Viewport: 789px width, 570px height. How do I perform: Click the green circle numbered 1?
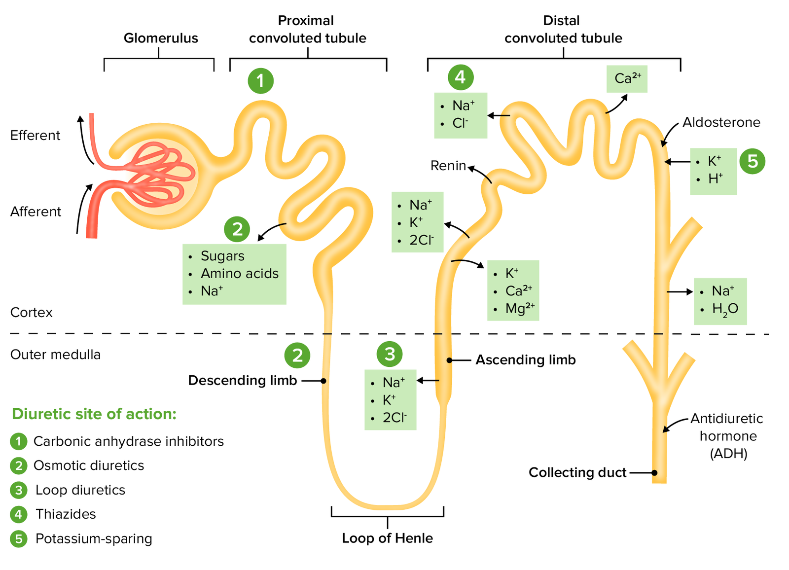pyautogui.click(x=260, y=81)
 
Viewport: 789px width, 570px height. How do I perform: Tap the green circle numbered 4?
pyautogui.click(x=461, y=77)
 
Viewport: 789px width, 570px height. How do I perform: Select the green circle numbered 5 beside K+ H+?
pyautogui.click(x=752, y=161)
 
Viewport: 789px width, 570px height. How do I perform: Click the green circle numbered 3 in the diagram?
pyautogui.click(x=390, y=354)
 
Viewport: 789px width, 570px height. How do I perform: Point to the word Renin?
pyautogui.click(x=448, y=166)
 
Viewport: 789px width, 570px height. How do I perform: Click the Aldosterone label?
pyautogui.click(x=721, y=122)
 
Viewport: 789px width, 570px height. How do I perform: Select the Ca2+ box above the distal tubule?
pyautogui.click(x=627, y=79)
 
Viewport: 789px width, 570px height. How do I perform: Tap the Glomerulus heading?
pyautogui.click(x=161, y=38)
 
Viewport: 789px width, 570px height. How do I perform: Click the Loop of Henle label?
pyautogui.click(x=387, y=538)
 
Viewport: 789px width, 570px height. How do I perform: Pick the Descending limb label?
pyautogui.click(x=243, y=380)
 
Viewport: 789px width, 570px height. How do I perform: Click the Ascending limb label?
pyautogui.click(x=525, y=360)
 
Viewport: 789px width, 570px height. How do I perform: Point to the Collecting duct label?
pyautogui.click(x=577, y=472)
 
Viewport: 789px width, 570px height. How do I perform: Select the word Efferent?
pyautogui.click(x=35, y=136)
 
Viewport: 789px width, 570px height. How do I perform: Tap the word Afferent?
pyautogui.click(x=36, y=212)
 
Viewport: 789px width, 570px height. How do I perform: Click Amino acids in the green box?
pyautogui.click(x=239, y=273)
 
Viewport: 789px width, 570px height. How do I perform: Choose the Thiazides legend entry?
pyautogui.click(x=66, y=514)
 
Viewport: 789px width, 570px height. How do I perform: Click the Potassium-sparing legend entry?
pyautogui.click(x=94, y=538)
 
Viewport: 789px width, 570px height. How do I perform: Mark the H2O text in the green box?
pyautogui.click(x=725, y=309)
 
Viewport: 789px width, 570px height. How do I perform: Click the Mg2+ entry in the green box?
pyautogui.click(x=519, y=309)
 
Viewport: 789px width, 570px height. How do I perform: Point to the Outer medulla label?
pyautogui.click(x=55, y=355)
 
